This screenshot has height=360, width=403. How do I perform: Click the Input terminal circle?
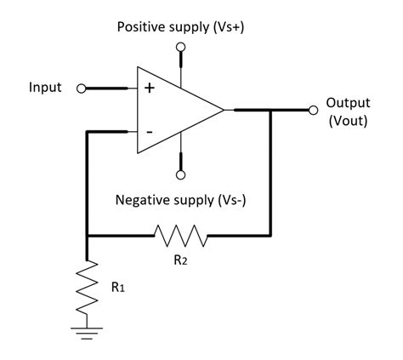(82, 88)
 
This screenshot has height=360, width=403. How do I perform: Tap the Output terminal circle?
(313, 109)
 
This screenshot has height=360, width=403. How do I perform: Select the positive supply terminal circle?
(180, 49)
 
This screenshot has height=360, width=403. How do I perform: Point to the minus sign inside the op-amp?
(150, 132)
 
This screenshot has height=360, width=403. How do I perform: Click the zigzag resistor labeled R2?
(179, 234)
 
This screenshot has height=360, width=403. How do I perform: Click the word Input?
(45, 88)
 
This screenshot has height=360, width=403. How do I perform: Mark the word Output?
(349, 103)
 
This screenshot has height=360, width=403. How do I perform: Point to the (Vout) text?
(348, 121)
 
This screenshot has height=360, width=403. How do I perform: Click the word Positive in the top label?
(141, 27)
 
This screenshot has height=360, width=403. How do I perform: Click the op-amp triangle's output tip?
(224, 110)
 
